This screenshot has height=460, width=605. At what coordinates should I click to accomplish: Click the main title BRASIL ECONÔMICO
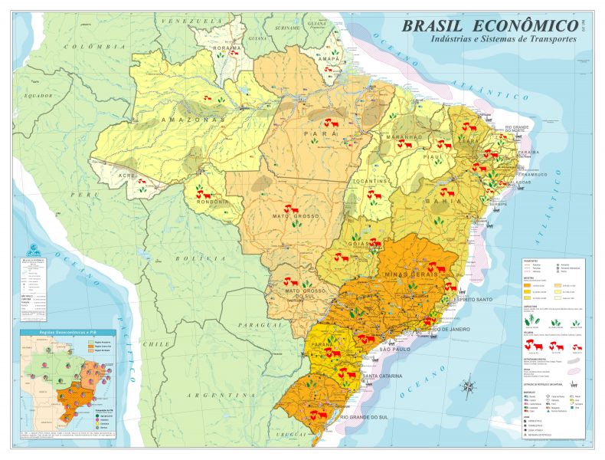[490, 25]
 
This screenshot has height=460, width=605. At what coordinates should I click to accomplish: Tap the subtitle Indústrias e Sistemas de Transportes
[503, 39]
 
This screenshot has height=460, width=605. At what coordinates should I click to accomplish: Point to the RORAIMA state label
[227, 48]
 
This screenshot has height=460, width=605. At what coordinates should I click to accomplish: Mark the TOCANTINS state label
[373, 181]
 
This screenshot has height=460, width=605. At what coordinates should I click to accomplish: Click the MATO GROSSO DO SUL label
[292, 296]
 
